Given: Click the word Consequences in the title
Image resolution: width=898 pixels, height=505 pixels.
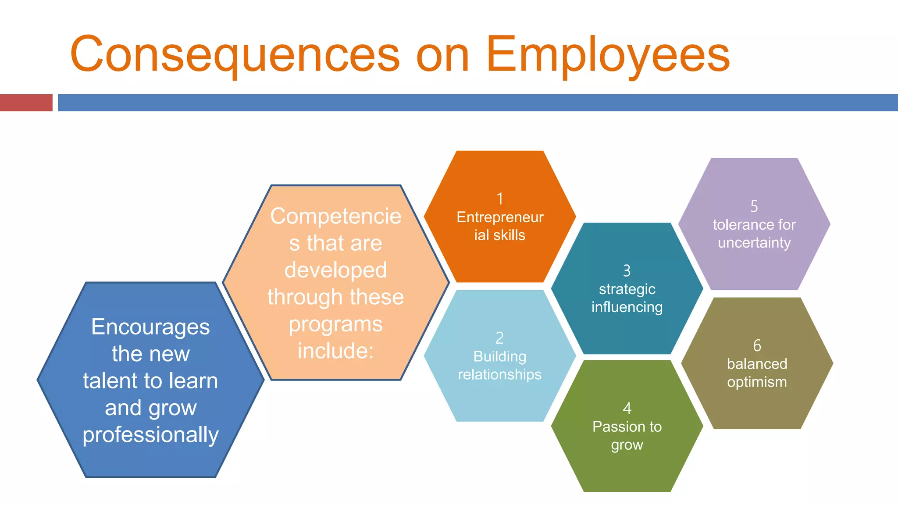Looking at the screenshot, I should (235, 54).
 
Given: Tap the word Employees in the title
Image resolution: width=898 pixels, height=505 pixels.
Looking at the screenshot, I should (608, 54).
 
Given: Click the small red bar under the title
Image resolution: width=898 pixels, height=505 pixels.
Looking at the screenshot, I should (26, 103).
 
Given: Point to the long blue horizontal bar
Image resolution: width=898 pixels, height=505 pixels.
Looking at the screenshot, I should (478, 103).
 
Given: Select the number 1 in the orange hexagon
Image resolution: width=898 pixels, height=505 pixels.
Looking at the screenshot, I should (500, 199).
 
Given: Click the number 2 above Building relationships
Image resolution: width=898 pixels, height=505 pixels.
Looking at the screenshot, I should (499, 338).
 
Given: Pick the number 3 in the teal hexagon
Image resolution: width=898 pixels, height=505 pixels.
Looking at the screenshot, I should (627, 270).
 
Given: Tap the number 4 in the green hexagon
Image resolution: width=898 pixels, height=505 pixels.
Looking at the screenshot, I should (627, 408).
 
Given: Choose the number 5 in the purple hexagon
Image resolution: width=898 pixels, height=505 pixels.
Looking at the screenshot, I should (754, 206).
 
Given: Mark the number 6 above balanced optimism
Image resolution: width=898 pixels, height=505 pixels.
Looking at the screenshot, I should (757, 345).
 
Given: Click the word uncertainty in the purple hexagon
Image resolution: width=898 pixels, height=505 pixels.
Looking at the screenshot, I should (754, 242).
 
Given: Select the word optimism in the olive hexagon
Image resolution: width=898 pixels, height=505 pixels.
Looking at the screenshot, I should (757, 382).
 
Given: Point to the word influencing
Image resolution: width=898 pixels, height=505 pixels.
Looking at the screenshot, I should (627, 307).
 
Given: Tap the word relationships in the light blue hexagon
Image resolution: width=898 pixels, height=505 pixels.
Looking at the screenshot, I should (500, 374).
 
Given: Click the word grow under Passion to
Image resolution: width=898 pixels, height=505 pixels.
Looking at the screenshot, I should (627, 445).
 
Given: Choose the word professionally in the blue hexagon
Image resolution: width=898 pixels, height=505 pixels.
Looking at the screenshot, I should (150, 434).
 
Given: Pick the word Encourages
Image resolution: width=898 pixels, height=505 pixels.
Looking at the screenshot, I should (150, 327).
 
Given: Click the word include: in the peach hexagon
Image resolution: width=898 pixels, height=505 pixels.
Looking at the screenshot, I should (335, 351).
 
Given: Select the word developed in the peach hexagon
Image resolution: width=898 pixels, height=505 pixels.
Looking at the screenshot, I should (335, 270).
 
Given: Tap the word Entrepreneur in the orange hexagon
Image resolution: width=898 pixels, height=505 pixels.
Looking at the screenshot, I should (500, 217).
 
